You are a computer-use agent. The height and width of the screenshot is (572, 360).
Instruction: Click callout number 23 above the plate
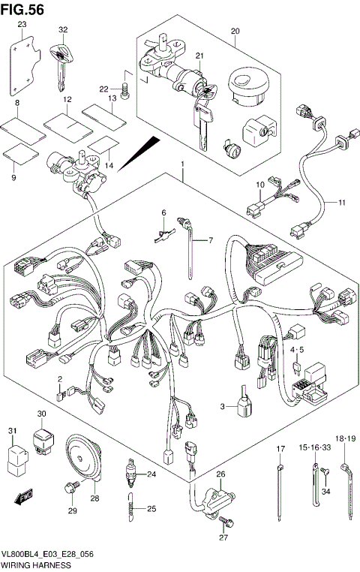pyautogui.click(x=22, y=25)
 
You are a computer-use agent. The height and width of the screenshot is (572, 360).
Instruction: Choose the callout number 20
pyautogui.click(x=235, y=31)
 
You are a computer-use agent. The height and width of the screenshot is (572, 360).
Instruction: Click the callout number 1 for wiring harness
pyautogui.click(x=181, y=163)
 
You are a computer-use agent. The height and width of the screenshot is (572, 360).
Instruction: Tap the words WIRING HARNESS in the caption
pyautogui.click(x=36, y=564)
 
